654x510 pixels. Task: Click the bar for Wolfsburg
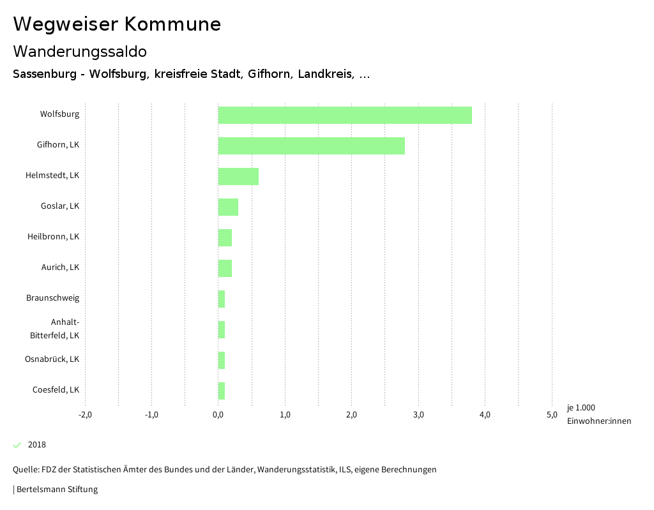(345, 115)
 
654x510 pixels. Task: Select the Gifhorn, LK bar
(311, 146)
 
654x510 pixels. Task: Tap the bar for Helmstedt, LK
(238, 176)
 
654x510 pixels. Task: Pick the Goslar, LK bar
(228, 207)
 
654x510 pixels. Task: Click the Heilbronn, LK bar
(225, 237)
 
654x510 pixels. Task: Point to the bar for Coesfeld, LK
(222, 391)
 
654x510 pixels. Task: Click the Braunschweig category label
(53, 298)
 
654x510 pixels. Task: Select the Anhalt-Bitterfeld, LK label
(56, 329)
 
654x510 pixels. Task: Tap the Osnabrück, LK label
(52, 359)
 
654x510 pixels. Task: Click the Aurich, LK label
(61, 267)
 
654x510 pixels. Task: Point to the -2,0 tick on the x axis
(85, 415)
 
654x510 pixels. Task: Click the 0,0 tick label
(218, 415)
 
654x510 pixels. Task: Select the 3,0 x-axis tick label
(418, 415)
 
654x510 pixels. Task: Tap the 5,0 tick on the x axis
(552, 415)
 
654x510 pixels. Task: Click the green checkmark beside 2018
(17, 445)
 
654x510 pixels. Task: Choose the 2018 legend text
(37, 445)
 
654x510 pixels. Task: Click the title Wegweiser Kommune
(117, 24)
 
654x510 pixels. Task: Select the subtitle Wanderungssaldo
(80, 51)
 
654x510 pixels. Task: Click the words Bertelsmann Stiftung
(57, 490)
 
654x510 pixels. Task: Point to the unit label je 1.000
(581, 408)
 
